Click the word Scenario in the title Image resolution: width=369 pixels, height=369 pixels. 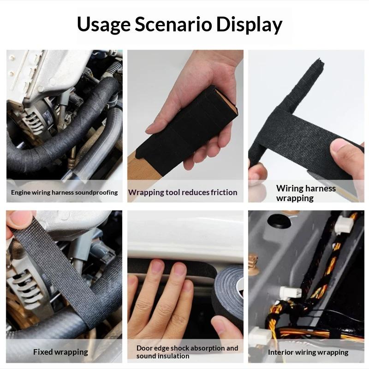(x=173, y=24)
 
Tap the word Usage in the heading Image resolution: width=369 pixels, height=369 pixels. (x=103, y=25)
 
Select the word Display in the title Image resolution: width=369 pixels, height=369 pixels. (x=249, y=25)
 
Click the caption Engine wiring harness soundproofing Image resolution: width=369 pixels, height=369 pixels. (x=64, y=192)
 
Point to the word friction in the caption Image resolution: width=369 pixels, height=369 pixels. (x=224, y=192)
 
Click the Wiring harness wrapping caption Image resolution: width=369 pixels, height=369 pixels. (x=306, y=193)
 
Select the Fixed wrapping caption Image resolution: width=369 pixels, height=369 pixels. (x=60, y=352)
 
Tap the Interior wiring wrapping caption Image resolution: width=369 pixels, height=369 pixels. (x=308, y=352)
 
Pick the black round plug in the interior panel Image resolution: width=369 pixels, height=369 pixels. (x=279, y=221)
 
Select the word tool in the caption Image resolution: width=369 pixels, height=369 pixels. (x=173, y=192)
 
